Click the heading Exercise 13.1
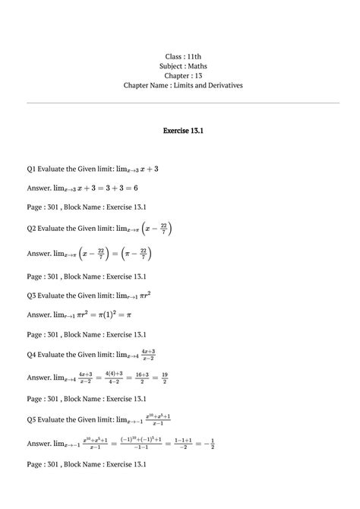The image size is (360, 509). click(x=183, y=131)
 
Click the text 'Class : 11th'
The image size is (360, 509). click(x=183, y=57)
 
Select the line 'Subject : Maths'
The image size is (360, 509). click(x=183, y=66)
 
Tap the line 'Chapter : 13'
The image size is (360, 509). click(x=183, y=76)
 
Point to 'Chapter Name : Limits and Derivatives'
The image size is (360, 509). click(x=183, y=86)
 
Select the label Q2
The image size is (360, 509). click(x=32, y=228)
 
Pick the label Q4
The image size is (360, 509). click(x=32, y=354)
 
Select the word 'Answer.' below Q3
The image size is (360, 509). click(x=38, y=314)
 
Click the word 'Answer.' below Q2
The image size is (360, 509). click(x=38, y=254)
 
